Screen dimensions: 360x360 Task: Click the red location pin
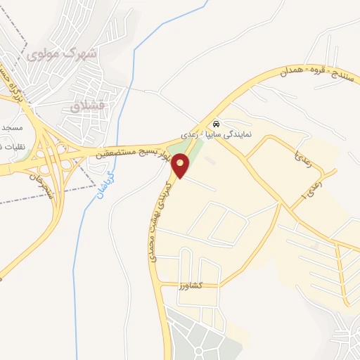181,166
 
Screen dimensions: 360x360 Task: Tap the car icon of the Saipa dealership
217,120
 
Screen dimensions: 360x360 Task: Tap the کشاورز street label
190,285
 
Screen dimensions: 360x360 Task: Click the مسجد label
11,129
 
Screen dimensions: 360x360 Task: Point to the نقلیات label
11,146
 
